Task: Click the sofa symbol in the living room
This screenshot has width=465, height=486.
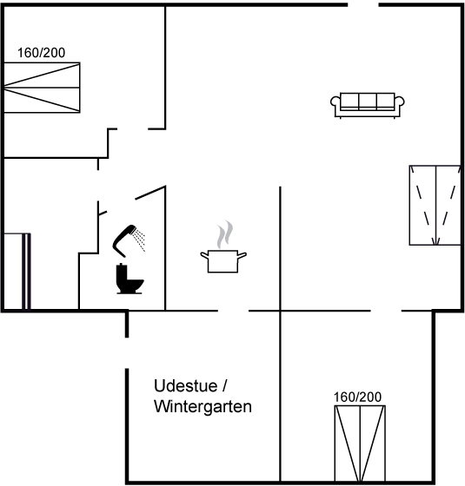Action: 367,105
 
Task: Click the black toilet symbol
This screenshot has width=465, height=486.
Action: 130,279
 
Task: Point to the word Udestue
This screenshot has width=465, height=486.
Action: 186,386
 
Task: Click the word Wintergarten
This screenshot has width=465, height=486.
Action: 203,406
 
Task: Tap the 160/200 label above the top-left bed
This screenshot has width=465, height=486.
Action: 42,53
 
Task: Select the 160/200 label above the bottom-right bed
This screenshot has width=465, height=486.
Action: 357,397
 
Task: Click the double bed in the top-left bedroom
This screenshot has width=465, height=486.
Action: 42,88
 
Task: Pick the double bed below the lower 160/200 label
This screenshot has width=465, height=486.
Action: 360,443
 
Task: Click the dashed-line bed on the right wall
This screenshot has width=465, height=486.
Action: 435,205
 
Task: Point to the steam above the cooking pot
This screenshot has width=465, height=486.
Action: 225,234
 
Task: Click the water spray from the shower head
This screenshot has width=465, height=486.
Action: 139,240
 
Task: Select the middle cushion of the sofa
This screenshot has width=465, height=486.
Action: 368,102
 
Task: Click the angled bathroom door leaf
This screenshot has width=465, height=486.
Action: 150,193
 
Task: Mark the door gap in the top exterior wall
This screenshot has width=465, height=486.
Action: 363,4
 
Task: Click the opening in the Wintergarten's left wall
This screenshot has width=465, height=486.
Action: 127,352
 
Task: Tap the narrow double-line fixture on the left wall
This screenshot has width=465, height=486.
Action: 26,271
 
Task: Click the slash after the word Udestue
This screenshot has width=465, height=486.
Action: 225,386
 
